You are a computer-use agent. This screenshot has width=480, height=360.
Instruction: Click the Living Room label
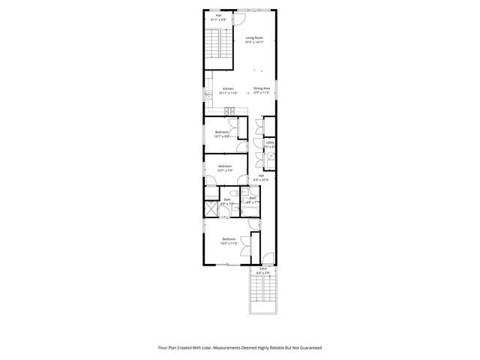[254, 37]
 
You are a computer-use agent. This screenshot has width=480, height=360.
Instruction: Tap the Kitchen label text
[227, 88]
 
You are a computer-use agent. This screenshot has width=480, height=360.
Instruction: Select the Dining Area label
[261, 88]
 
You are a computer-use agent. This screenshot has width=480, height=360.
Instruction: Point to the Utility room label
[269, 141]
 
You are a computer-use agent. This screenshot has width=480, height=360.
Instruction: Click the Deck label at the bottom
[263, 268]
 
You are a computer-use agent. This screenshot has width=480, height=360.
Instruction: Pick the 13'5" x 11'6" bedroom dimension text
[229, 244]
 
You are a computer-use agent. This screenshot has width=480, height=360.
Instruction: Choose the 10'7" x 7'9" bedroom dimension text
[225, 170]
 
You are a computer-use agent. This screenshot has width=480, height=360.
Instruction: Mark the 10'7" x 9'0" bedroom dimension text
[222, 136]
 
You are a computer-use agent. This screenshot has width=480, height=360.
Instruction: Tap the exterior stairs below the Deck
[263, 295]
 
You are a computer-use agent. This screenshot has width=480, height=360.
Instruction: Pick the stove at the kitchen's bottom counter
[232, 112]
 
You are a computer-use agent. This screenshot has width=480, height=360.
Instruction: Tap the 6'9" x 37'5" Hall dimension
[260, 180]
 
